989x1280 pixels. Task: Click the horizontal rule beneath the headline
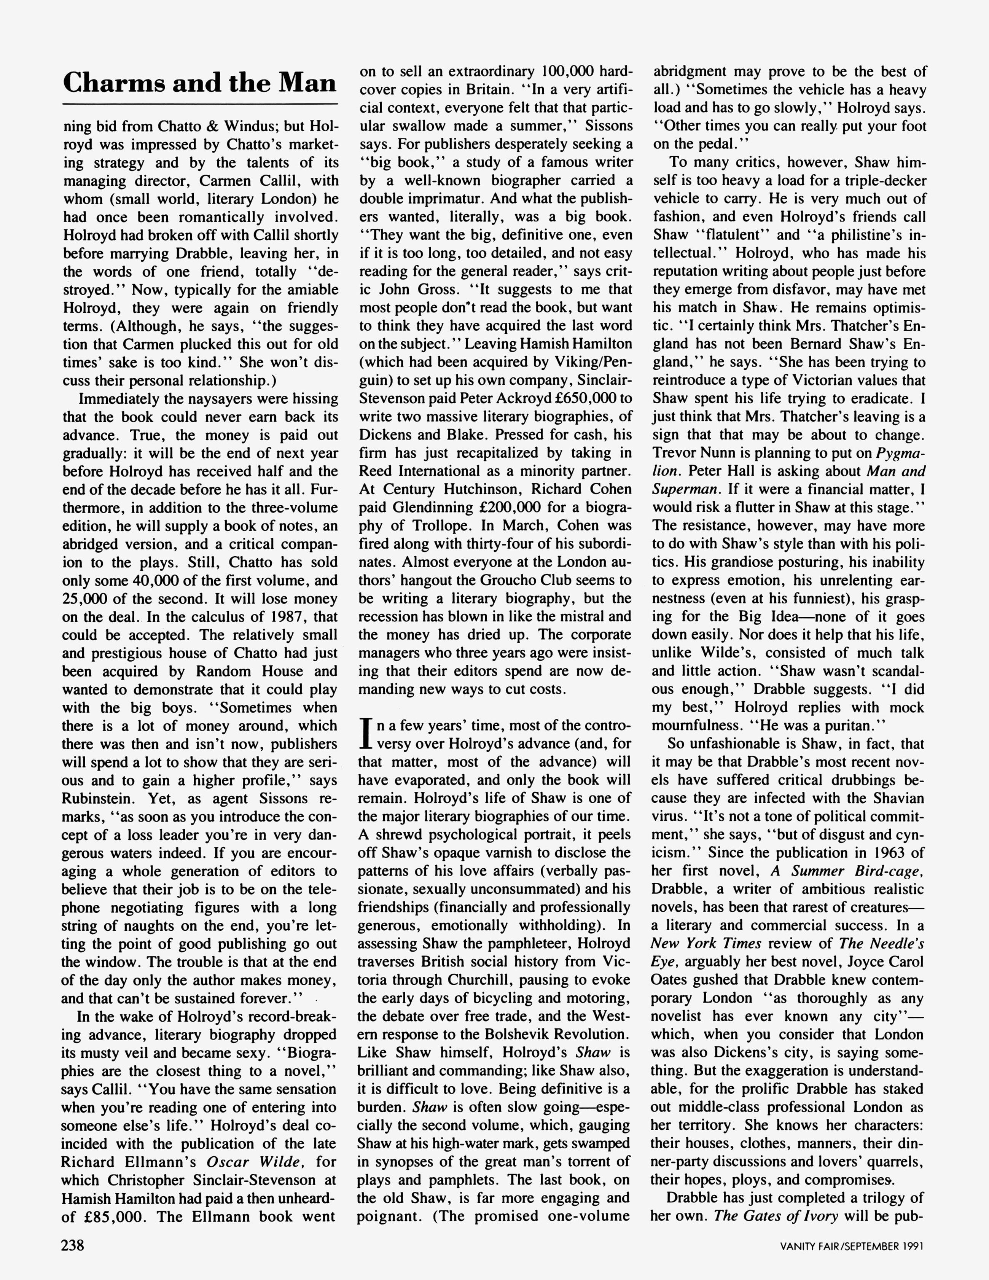coord(200,104)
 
